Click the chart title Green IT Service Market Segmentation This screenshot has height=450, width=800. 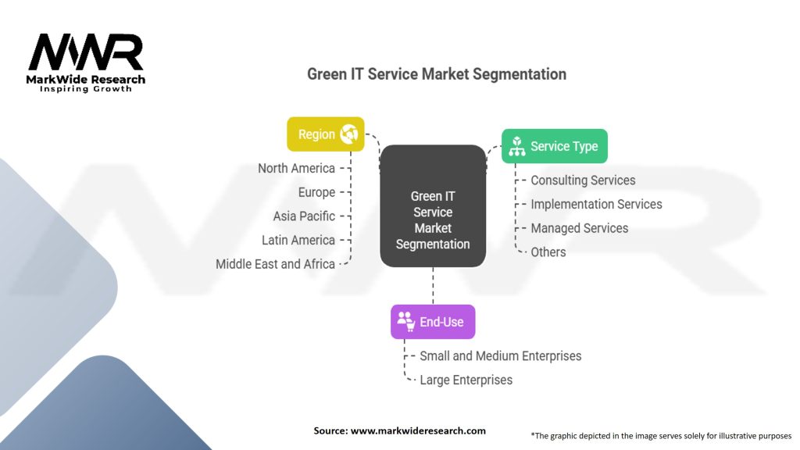pos(436,74)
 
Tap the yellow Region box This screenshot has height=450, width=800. pos(325,134)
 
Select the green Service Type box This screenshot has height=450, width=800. pos(554,146)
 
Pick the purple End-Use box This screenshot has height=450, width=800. pos(432,321)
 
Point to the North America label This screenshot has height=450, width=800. pos(296,168)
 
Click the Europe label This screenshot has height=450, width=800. pos(316,192)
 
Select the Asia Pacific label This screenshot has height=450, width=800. pos(304,216)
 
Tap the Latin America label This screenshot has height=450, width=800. pos(298,240)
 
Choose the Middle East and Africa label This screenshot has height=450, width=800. pos(275,264)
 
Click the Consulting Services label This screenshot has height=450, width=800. pos(583,180)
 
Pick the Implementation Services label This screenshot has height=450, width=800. pos(596,204)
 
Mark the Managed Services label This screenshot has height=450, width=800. pos(579,228)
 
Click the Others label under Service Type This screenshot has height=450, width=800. pos(548,252)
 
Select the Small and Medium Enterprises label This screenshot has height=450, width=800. pos(500,356)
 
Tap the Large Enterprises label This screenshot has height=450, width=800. pos(466,380)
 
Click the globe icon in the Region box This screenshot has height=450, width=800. pos(348,134)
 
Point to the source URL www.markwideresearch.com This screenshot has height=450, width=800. pos(418,430)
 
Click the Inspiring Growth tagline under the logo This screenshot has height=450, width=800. pos(86,89)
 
